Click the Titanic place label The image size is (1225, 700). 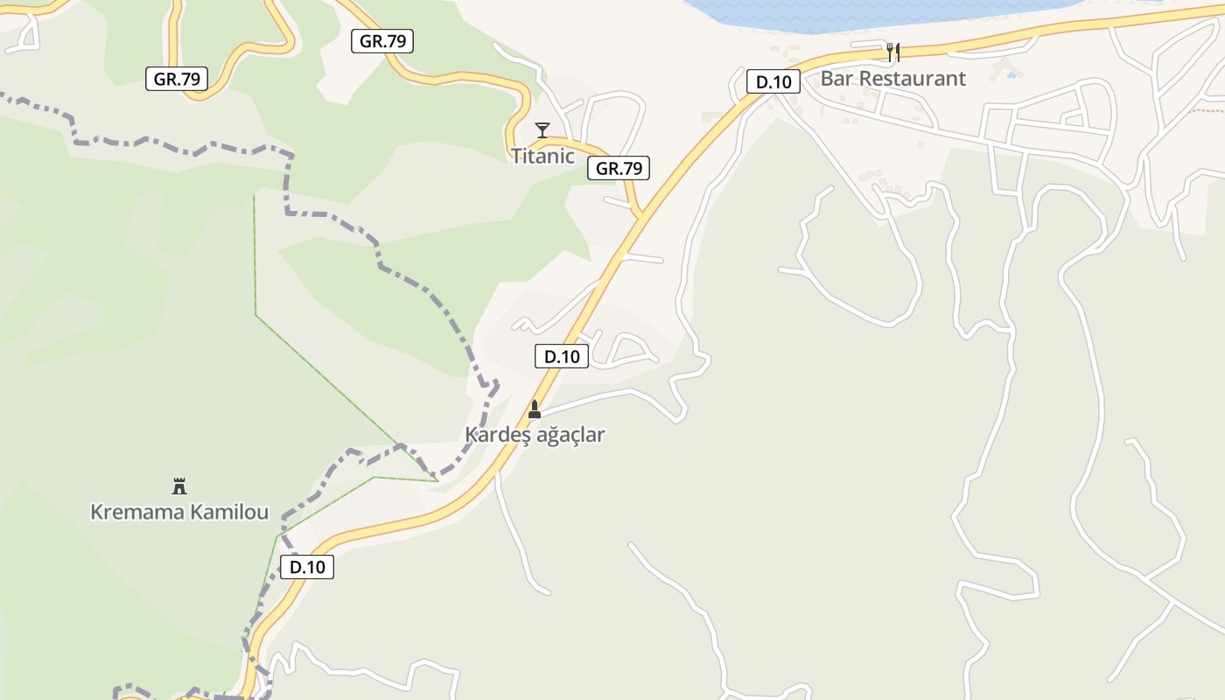(x=542, y=157)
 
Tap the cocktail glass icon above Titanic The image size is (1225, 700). (x=542, y=130)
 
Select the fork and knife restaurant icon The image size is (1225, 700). (x=892, y=52)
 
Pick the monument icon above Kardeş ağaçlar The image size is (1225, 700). (x=535, y=409)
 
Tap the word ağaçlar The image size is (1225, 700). (x=570, y=435)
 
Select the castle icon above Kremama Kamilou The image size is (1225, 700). (x=179, y=486)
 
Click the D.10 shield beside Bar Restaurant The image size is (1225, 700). (x=773, y=82)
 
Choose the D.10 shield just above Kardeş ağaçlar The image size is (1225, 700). (x=562, y=356)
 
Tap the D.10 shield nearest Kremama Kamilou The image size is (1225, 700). (x=307, y=567)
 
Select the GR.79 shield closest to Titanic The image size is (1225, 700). (x=619, y=169)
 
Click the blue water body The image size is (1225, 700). (x=875, y=13)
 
